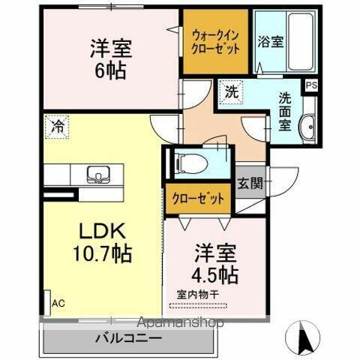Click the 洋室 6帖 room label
111,60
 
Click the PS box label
310,85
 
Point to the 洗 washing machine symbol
231,94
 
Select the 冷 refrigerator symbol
57,127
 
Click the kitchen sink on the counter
97,175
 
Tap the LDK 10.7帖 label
104,241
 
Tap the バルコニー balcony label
128,338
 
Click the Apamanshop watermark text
181,323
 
